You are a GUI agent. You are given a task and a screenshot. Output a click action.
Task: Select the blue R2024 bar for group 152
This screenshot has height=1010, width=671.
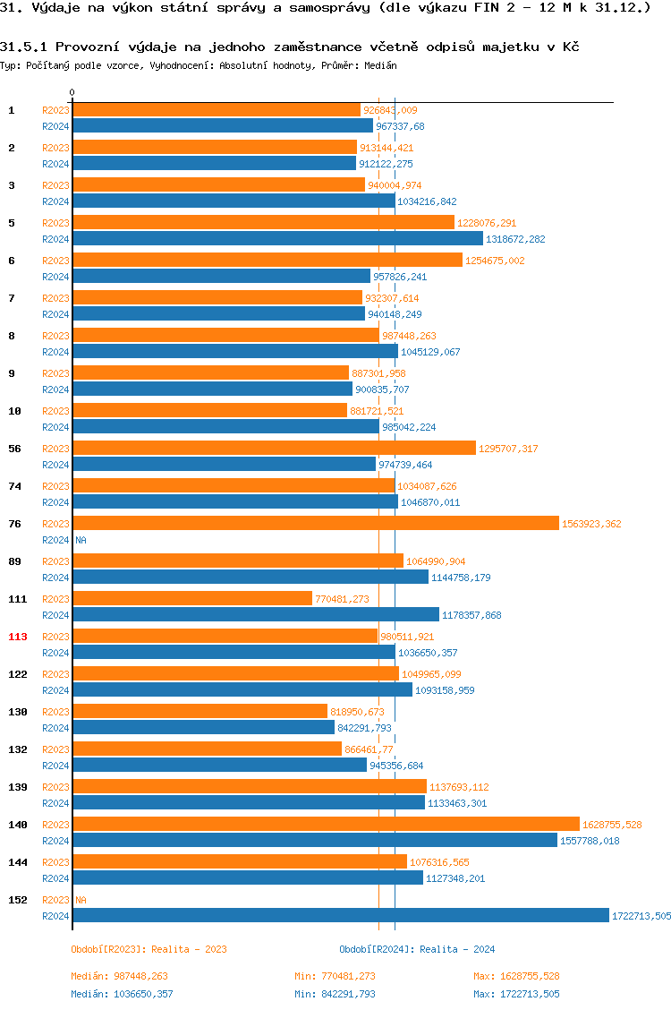click(340, 915)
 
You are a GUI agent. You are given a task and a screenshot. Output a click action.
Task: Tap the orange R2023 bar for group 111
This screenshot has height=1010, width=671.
click(192, 598)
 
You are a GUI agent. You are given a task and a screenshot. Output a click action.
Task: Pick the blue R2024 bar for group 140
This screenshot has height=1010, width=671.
click(314, 840)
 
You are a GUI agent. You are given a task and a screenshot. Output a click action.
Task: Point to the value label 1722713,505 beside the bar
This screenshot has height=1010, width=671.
click(641, 916)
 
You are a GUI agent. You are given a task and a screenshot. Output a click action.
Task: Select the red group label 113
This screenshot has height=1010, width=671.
click(18, 637)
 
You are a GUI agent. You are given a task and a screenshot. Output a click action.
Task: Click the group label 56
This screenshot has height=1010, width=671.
click(14, 448)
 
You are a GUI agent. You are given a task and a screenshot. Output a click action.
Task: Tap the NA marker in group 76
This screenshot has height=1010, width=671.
click(81, 540)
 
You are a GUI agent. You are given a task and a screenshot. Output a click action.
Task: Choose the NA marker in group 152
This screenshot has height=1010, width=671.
click(81, 900)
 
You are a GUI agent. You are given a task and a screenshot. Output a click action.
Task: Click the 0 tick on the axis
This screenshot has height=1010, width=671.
click(72, 92)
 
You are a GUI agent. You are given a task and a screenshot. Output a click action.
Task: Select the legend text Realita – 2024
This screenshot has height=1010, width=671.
click(457, 949)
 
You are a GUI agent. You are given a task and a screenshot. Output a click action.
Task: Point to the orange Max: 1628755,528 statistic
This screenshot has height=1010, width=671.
click(516, 976)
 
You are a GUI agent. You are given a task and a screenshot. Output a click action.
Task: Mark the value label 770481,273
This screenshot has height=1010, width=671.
click(342, 599)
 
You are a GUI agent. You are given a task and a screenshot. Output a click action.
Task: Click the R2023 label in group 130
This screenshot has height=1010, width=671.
click(55, 712)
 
